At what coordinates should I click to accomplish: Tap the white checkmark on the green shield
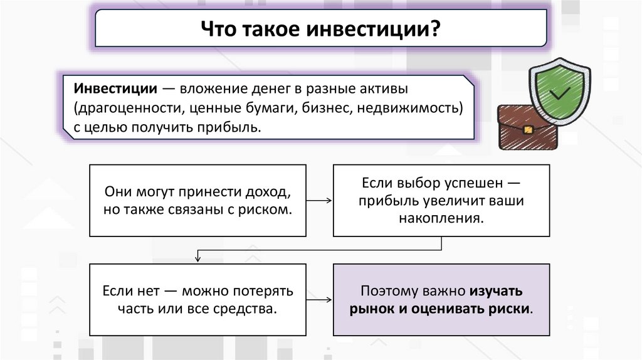pos(557,95)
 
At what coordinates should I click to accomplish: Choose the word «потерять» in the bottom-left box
pos(264,292)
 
